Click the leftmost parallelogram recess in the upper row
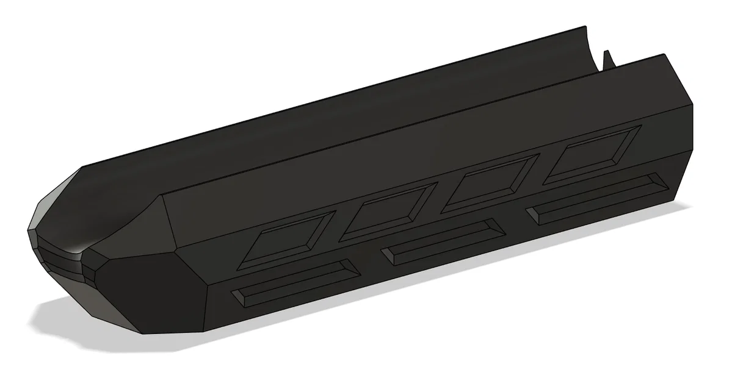[x=285, y=239]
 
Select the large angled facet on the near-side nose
[x=147, y=293]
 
